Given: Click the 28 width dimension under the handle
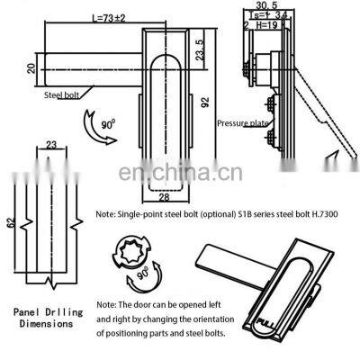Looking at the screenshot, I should [x=165, y=196].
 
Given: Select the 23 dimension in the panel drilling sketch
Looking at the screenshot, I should [x=51, y=143].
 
